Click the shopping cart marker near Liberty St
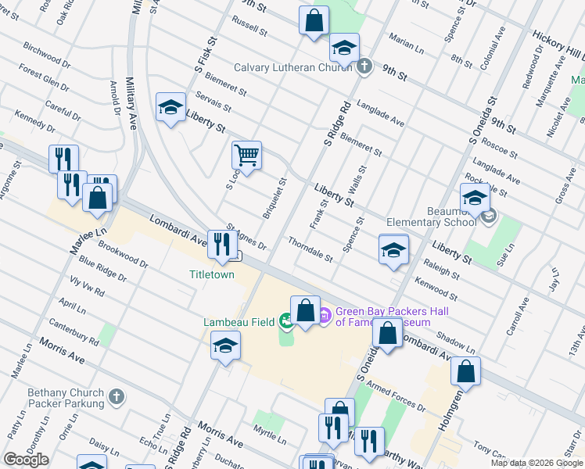coord(247,155)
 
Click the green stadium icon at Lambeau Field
coord(286,319)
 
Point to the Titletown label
coord(211,274)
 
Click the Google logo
coord(26,460)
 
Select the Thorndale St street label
coord(310,249)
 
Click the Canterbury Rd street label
coord(73,331)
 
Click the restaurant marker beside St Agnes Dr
coord(218,244)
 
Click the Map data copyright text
coord(536,463)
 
